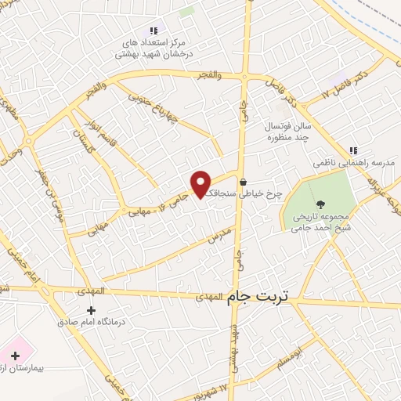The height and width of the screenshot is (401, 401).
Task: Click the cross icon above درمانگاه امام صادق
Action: (x=90, y=310)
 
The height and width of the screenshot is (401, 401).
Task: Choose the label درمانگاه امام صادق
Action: (x=90, y=322)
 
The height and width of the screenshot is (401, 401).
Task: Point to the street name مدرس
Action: (x=220, y=233)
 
